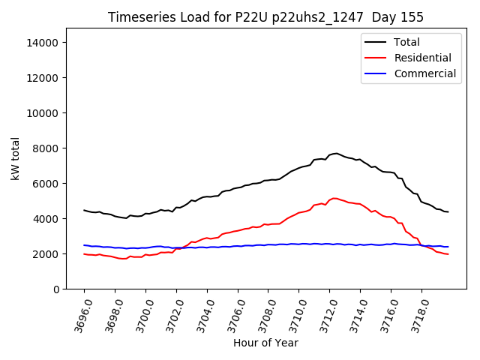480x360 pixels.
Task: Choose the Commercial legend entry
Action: click(x=424, y=73)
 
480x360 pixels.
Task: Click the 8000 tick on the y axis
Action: click(x=46, y=148)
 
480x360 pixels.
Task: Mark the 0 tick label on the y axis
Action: click(x=56, y=289)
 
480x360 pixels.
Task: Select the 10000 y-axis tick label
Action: click(x=43, y=113)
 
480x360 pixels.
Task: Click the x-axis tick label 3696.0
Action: click(x=76, y=314)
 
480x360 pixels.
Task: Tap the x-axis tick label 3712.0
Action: click(x=322, y=314)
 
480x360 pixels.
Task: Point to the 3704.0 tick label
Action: click(x=199, y=314)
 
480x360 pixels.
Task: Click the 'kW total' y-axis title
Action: click(x=16, y=159)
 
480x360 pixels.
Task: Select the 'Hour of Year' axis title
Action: click(x=265, y=343)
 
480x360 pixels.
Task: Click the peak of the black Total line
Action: click(x=335, y=153)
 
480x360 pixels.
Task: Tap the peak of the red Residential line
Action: click(x=334, y=198)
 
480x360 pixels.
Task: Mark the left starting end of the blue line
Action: click(x=84, y=245)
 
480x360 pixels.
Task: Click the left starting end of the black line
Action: click(x=84, y=210)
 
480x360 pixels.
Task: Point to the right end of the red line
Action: click(x=448, y=254)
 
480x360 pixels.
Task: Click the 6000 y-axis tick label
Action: click(x=46, y=184)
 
